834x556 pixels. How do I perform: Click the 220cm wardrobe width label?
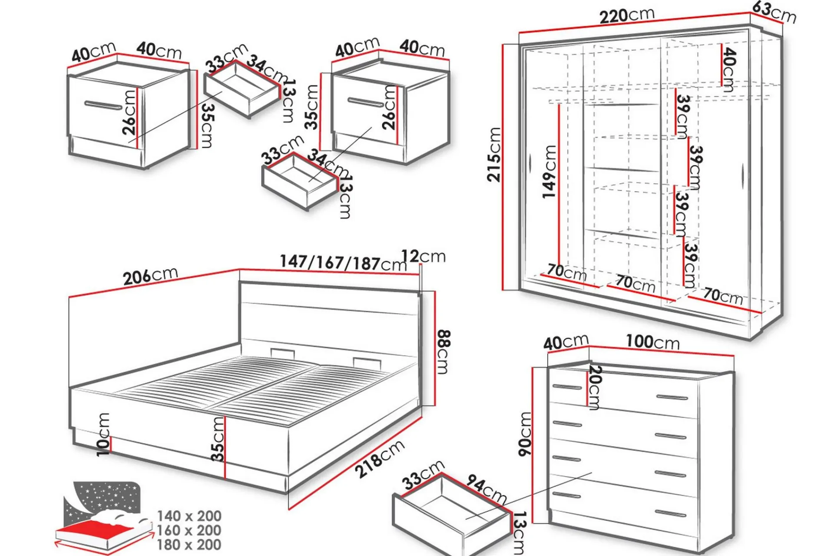pyautogui.click(x=627, y=16)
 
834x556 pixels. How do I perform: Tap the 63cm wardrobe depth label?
pyautogui.click(x=774, y=12)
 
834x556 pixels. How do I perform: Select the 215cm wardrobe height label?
pyautogui.click(x=494, y=154)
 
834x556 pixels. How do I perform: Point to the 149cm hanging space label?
pyautogui.click(x=549, y=172)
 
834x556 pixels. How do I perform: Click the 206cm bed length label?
pyautogui.click(x=150, y=276)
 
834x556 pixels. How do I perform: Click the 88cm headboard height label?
pyautogui.click(x=443, y=352)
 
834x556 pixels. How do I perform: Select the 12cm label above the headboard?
pyautogui.click(x=423, y=256)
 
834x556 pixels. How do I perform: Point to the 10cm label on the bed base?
pyautogui.click(x=103, y=434)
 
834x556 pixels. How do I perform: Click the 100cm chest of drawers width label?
pyautogui.click(x=652, y=342)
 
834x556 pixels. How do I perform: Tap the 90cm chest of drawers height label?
pyautogui.click(x=525, y=434)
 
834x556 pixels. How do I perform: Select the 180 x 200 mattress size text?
pyautogui.click(x=189, y=544)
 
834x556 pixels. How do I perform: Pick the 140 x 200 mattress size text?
pyautogui.click(x=189, y=516)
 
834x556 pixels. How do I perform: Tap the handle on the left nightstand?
pyautogui.click(x=103, y=105)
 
